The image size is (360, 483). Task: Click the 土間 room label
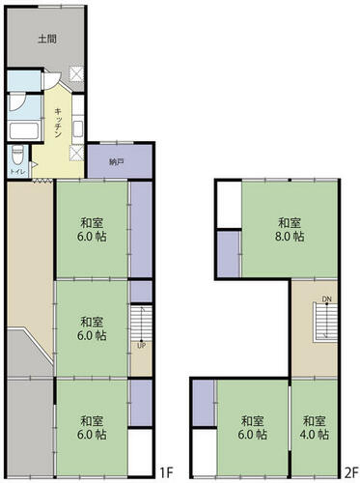pos(47,39)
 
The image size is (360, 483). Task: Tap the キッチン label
pos(58,124)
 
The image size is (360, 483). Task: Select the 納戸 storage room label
pos(116,162)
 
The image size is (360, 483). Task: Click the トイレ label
pos(16,171)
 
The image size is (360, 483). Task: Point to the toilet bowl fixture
pos(17,156)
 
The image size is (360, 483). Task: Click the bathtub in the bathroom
pos(24,131)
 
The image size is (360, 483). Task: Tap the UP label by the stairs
pos(141,346)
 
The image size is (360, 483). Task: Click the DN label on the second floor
pos(326,299)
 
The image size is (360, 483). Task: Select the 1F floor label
pos(167,473)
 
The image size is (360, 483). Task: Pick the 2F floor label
pos(351,473)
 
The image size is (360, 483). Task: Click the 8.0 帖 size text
pos(290,237)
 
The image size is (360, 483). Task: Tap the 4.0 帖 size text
pos(314,435)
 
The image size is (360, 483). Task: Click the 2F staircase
pos(325,322)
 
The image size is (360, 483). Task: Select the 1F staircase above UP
pos(141,323)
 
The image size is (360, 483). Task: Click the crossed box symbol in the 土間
pos(77,73)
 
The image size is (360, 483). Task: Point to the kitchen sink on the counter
pos(78,128)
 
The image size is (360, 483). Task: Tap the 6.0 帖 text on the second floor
pos(253,435)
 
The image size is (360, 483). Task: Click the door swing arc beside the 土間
pos(52,80)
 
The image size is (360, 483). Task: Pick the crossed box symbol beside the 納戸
pos(77,153)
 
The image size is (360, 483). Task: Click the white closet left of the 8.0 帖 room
pos(230,205)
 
